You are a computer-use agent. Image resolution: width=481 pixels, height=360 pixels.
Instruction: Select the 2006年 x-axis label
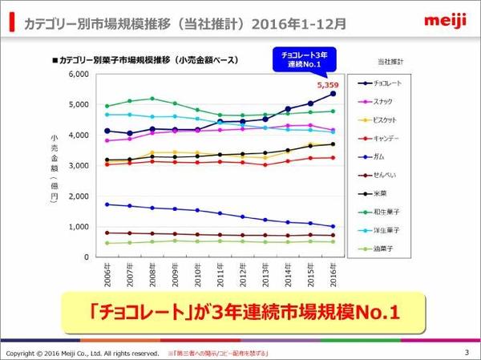tap(107, 277)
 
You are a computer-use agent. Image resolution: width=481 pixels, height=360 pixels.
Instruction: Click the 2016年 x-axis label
tap(333, 277)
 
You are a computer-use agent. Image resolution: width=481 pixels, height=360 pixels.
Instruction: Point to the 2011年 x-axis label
tap(220, 277)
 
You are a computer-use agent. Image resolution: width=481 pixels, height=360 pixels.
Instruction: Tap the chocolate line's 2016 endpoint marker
tap(333, 93)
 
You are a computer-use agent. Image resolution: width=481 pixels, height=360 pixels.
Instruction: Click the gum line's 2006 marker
tap(107, 204)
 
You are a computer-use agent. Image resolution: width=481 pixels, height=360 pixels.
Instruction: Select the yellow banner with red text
tap(240, 310)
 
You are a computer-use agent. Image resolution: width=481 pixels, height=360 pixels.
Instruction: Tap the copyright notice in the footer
tap(82, 354)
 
